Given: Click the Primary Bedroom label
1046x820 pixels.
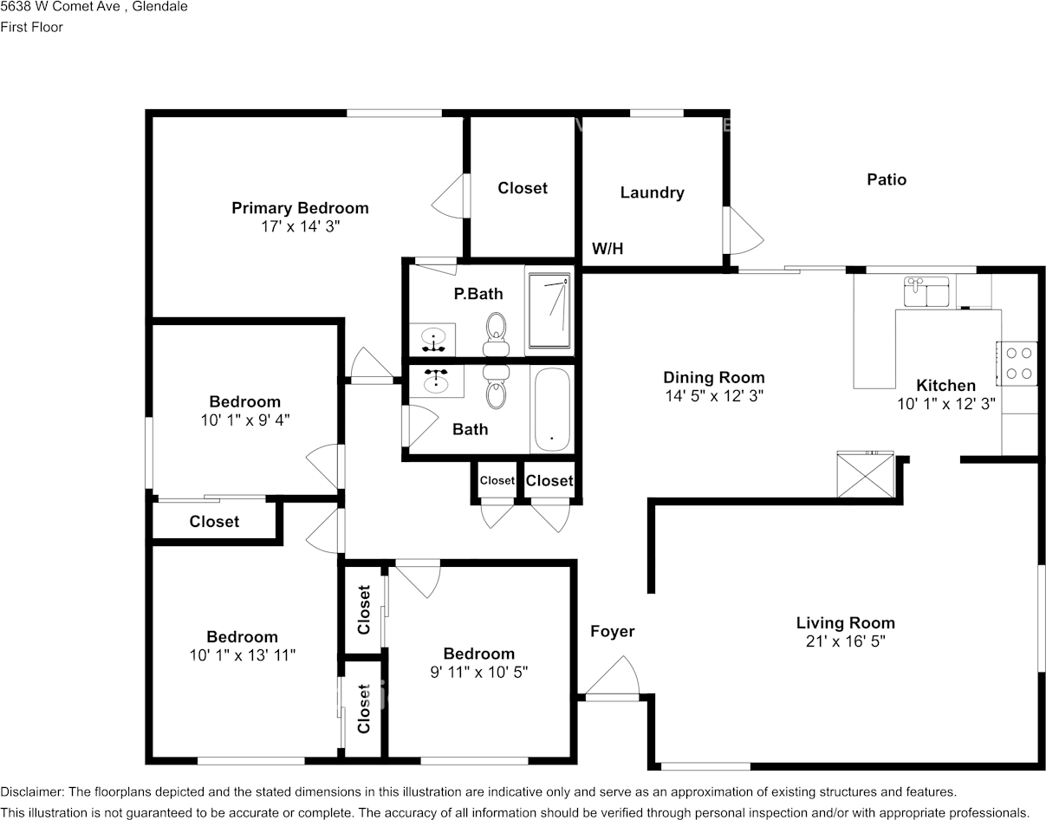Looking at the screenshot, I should point(300,208).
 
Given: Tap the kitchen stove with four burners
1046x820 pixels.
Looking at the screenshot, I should point(1017,363).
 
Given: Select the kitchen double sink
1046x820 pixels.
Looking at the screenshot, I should point(926,292).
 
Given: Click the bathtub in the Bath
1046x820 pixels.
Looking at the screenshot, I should point(551,409).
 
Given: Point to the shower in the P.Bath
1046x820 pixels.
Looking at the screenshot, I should point(549,310).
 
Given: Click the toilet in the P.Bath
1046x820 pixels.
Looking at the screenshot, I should point(497,334).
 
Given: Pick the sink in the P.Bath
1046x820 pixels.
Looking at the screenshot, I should point(434,338).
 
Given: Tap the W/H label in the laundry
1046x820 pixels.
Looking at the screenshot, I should point(607,250).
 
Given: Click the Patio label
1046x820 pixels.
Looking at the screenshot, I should point(887,179).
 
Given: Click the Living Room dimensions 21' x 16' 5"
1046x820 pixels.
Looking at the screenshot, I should point(845,641).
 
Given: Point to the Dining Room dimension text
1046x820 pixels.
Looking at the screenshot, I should point(713,396).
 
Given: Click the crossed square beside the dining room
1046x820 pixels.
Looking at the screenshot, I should point(865,476).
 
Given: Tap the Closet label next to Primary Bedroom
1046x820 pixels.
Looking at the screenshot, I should point(523,188).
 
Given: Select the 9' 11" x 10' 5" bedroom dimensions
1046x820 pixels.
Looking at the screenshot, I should point(478,672).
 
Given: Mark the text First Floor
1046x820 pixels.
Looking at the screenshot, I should point(31,27).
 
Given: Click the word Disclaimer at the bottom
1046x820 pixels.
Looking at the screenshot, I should point(31,791).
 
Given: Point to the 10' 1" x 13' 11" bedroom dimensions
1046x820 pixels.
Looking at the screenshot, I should point(243,655).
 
